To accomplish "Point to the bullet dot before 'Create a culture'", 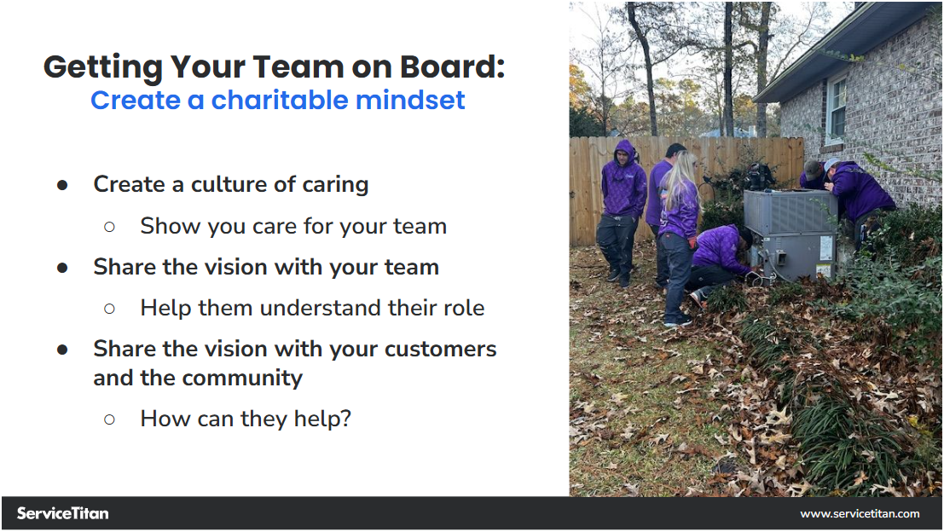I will click(62, 185).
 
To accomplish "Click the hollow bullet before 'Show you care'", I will click(109, 226).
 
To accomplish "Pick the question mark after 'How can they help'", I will click(345, 419).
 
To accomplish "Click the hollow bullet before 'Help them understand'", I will click(109, 308).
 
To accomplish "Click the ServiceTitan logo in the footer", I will click(62, 513).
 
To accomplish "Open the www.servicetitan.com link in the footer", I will click(860, 513).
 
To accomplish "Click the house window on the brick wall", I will click(836, 109).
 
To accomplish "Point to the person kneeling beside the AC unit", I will click(721, 256).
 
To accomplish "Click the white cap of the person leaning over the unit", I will click(831, 164).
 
